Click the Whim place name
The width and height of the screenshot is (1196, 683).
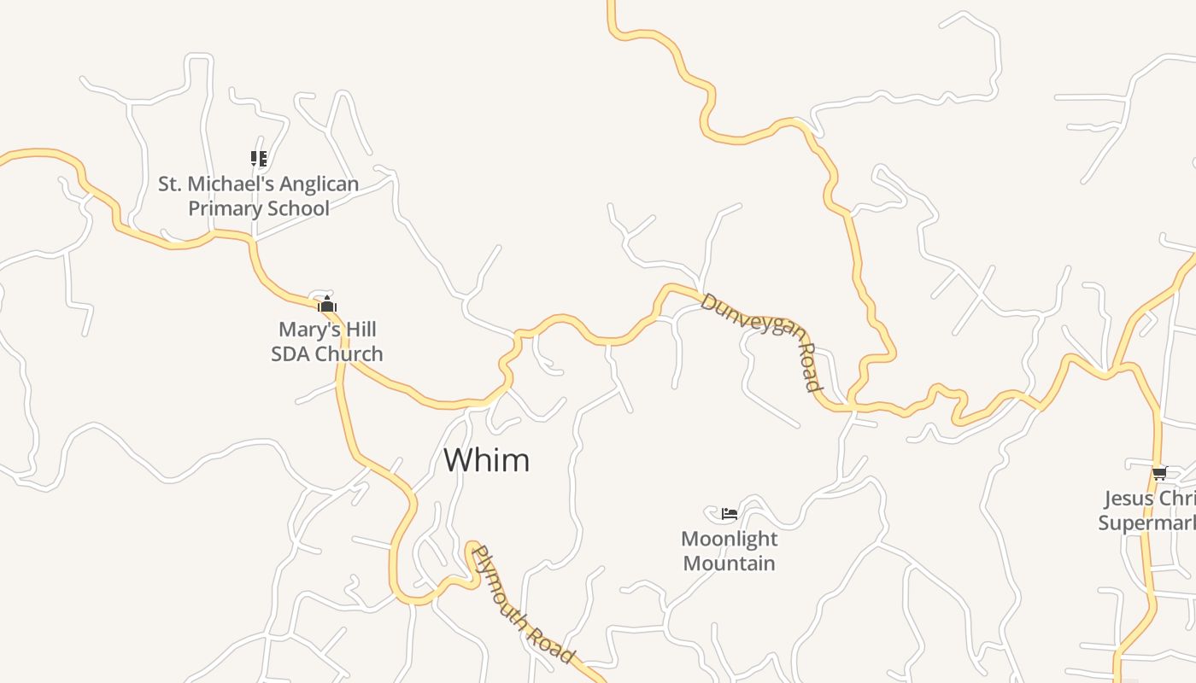tap(486, 460)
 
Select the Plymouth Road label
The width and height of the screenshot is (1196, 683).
tap(522, 604)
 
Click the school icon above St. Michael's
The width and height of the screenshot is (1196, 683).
tap(259, 158)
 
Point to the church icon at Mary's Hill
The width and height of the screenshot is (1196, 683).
tap(327, 304)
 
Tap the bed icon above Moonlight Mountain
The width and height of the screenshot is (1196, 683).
tap(730, 513)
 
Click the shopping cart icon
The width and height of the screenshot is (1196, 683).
tap(1159, 473)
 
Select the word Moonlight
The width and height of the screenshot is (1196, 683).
tap(730, 540)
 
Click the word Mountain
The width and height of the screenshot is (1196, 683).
tap(730, 563)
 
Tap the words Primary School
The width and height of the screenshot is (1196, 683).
tap(259, 208)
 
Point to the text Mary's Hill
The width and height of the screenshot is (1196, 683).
tap(327, 330)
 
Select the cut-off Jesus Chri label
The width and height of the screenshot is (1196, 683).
tap(1149, 499)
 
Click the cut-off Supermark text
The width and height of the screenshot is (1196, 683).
tap(1146, 522)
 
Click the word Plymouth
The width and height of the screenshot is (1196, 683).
tap(507, 587)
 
